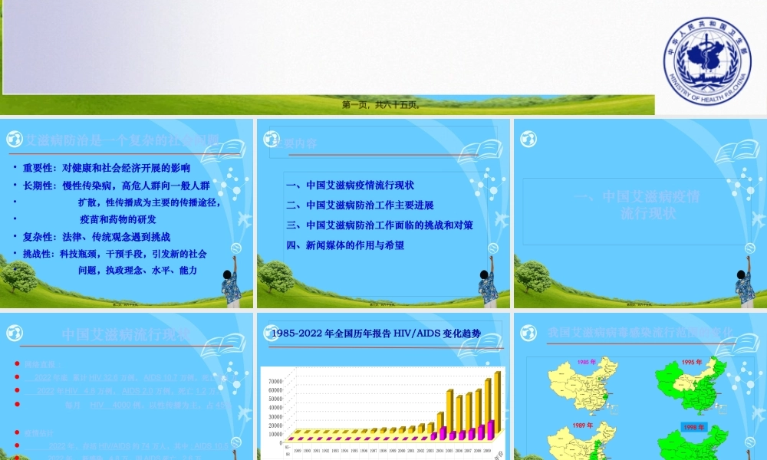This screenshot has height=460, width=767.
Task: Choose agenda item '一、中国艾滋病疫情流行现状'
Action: (x=350, y=186)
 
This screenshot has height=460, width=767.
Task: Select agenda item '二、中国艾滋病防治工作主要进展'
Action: (x=360, y=205)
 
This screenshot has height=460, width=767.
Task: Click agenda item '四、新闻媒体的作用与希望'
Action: (x=345, y=245)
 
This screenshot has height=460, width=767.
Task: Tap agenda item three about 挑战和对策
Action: (x=379, y=225)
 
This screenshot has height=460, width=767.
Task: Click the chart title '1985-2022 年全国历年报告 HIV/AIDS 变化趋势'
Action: (x=377, y=333)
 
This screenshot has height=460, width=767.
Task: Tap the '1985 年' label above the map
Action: (x=587, y=362)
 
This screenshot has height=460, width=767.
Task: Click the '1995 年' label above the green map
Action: (x=692, y=362)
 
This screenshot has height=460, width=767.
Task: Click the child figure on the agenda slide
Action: (x=488, y=285)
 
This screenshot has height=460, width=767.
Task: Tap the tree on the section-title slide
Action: (x=532, y=275)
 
